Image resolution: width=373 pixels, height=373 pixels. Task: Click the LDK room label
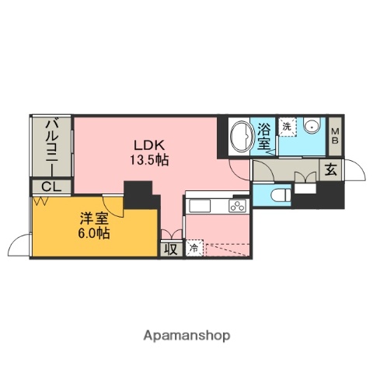(149, 145)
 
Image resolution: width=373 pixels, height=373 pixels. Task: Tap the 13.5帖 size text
(149, 160)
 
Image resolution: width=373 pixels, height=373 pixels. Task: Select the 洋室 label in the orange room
(94, 218)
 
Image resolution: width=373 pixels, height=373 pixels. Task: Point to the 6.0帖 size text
(94, 233)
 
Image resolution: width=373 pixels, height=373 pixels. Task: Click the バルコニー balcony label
(52, 147)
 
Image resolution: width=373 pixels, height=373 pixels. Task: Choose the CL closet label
(51, 186)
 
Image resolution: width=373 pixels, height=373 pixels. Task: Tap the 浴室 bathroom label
(264, 136)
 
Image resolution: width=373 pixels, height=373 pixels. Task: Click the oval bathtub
(242, 137)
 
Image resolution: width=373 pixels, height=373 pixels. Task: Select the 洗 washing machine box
(287, 127)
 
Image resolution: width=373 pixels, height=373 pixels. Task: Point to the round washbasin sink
(312, 126)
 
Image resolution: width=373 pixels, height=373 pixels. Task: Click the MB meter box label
(335, 136)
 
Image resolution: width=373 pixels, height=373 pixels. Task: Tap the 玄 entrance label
(331, 170)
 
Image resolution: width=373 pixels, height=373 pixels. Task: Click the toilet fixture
(280, 195)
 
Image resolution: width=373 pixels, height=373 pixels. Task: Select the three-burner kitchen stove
(237, 206)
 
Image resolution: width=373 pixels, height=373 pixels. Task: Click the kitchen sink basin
(200, 207)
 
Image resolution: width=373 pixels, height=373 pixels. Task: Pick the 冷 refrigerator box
(194, 248)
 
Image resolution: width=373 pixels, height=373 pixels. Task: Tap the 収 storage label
(171, 249)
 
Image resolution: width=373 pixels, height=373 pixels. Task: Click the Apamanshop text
(186, 336)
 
